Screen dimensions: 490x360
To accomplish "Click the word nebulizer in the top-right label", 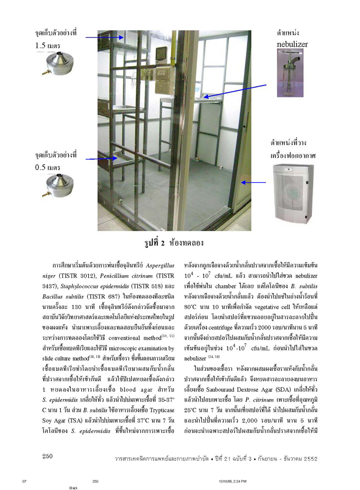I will tap(292, 44).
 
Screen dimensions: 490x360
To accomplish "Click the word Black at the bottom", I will tap(74, 487).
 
